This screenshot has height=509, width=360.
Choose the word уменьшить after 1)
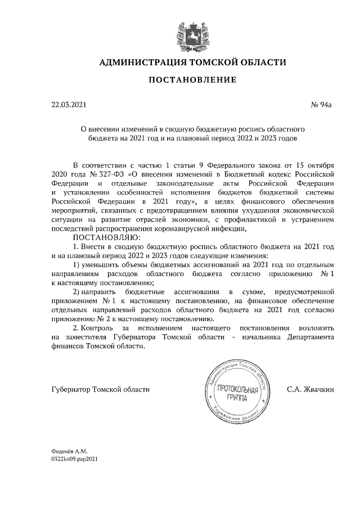point(105,264)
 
